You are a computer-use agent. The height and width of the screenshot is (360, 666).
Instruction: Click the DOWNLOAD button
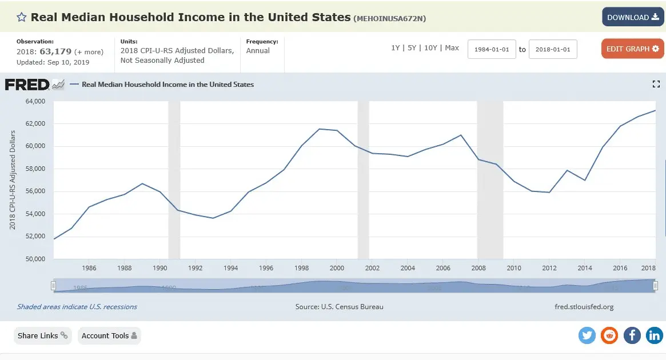(x=632, y=17)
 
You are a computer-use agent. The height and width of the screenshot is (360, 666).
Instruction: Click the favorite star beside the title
(x=22, y=17)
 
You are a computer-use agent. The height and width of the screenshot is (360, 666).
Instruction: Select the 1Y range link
(x=396, y=48)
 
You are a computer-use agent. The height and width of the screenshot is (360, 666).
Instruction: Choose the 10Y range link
(x=430, y=48)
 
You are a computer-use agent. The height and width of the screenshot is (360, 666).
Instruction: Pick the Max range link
(x=452, y=48)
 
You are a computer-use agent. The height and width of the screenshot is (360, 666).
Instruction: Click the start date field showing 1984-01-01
(x=492, y=49)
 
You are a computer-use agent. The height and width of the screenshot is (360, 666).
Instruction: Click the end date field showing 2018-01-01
(x=553, y=49)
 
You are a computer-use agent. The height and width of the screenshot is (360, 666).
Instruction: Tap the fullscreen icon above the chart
(x=656, y=84)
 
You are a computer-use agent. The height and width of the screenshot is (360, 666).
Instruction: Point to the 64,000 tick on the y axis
(x=35, y=101)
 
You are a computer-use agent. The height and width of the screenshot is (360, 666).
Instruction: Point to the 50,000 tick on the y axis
(x=35, y=259)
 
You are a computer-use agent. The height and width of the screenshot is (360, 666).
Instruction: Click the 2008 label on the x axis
(x=478, y=268)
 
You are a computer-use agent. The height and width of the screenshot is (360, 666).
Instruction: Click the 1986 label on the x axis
(x=89, y=268)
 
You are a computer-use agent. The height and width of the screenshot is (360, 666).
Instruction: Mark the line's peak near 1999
(x=320, y=129)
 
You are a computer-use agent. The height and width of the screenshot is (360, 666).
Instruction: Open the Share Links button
(x=43, y=336)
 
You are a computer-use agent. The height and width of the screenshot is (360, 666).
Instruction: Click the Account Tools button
(x=109, y=336)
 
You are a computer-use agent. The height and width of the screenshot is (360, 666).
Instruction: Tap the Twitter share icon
(x=587, y=335)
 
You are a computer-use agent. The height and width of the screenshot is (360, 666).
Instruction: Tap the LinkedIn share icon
(x=654, y=335)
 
